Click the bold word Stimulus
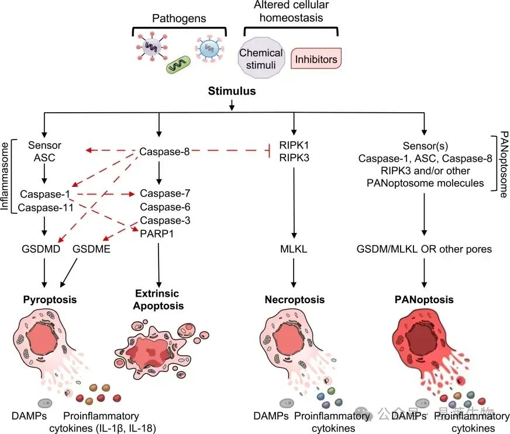coord(233,92)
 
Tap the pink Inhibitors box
coord(316,59)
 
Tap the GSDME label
coord(91,249)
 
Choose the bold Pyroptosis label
coord(50,300)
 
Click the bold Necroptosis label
coord(294,300)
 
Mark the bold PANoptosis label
coord(425,300)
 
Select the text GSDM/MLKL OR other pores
coord(424,249)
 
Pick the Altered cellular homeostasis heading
coord(291,11)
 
